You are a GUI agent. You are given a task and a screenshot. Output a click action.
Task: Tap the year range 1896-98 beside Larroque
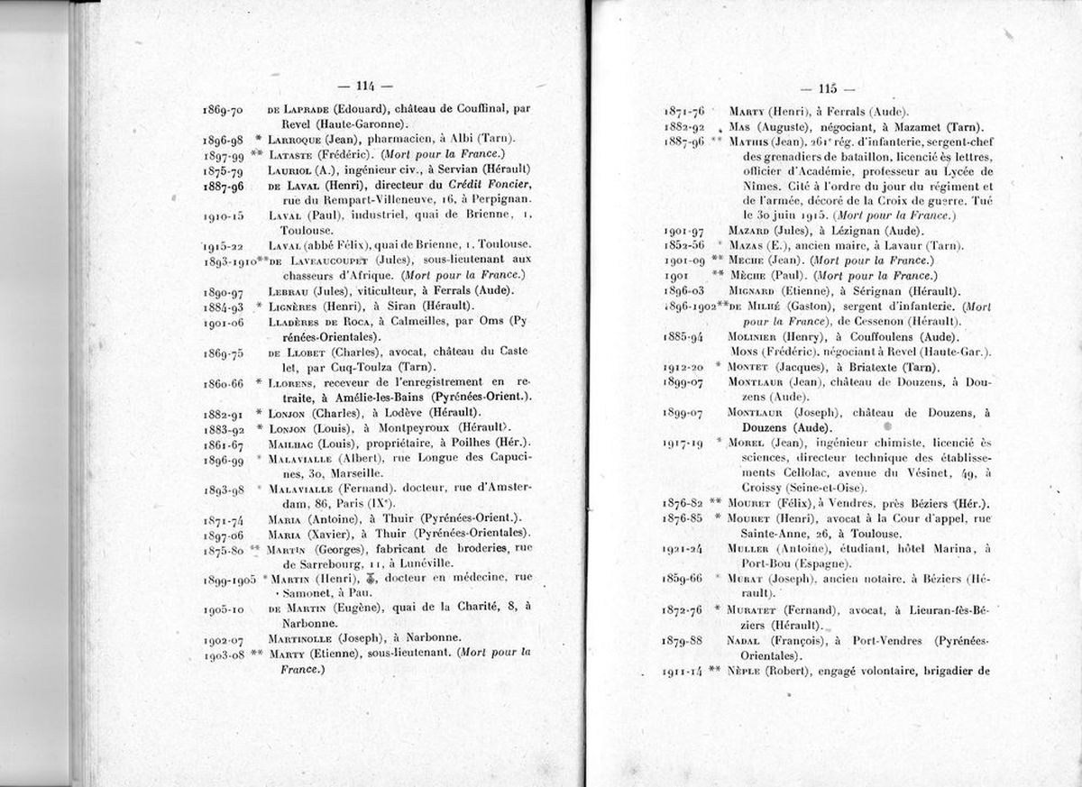(224, 139)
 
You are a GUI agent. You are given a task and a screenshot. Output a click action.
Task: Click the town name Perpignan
(501, 199)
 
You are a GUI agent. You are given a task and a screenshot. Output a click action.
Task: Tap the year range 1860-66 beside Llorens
(224, 383)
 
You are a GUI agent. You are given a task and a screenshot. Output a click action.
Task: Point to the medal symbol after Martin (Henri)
(371, 578)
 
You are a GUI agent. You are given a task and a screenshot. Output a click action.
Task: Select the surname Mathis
(749, 142)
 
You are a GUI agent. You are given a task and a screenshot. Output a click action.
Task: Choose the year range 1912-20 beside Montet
(684, 367)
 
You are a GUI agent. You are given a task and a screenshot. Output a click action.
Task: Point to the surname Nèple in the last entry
(746, 671)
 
